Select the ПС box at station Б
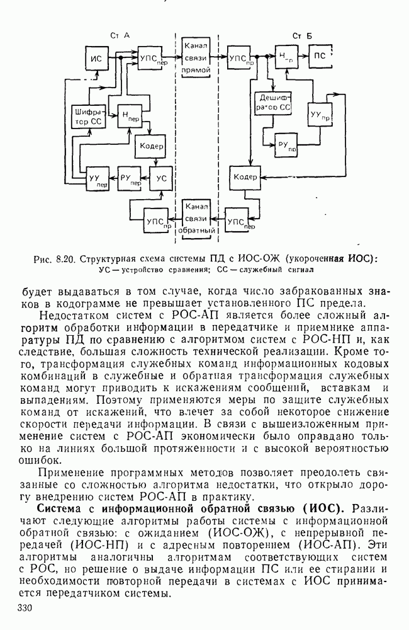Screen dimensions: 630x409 [320, 56]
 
